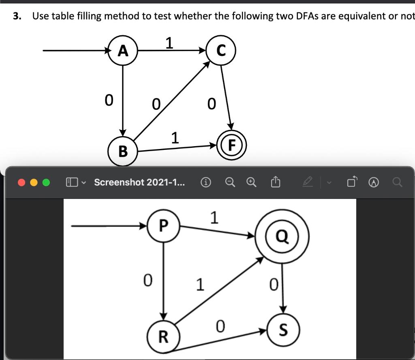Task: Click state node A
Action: point(123,51)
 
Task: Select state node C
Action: point(221,51)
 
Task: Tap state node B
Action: point(123,151)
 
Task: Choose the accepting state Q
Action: point(282,236)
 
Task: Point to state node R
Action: point(163,336)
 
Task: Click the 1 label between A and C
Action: point(169,43)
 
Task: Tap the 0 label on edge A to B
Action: point(108,100)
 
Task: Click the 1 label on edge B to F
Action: point(175,138)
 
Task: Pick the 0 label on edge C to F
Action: point(211,104)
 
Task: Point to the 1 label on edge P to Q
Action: point(214,218)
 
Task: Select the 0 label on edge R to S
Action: point(220,326)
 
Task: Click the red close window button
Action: point(21,182)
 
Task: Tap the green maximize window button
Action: point(46,182)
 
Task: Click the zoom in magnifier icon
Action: point(252,183)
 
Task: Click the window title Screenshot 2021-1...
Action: point(139,182)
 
